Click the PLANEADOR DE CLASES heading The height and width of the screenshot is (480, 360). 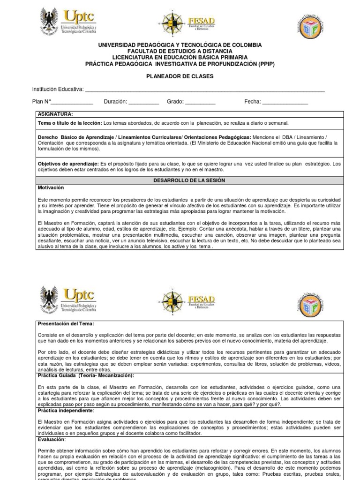(x=180, y=76)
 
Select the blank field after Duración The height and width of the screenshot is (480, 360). (x=143, y=102)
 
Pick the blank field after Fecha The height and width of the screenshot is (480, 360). (x=285, y=102)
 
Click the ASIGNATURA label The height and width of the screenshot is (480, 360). (x=55, y=114)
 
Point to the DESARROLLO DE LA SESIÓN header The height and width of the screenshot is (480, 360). (x=189, y=180)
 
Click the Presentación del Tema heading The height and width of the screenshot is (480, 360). (x=66, y=323)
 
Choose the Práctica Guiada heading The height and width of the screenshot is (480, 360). (x=86, y=375)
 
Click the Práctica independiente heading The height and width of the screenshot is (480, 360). (x=66, y=410)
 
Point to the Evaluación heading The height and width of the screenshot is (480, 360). (x=52, y=440)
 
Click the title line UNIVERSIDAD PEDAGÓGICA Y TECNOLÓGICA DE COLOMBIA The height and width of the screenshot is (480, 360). (x=180, y=45)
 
